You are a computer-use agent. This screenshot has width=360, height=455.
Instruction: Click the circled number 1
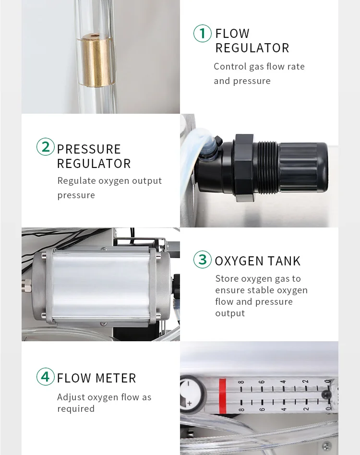click(x=203, y=34)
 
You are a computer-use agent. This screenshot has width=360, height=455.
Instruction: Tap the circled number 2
click(x=46, y=146)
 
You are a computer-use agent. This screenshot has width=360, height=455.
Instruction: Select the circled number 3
click(x=203, y=260)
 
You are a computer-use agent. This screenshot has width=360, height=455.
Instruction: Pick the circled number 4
click(x=46, y=376)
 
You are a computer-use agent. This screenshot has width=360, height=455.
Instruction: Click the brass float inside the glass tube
click(x=96, y=60)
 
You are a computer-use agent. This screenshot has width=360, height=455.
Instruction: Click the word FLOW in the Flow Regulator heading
click(x=232, y=34)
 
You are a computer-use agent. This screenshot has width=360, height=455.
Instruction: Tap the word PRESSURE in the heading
click(x=89, y=149)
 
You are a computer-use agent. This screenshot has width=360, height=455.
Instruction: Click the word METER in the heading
click(x=116, y=378)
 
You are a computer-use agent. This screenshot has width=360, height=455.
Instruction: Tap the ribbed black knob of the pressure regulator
click(x=303, y=168)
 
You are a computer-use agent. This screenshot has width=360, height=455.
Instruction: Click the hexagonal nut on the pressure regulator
click(x=244, y=168)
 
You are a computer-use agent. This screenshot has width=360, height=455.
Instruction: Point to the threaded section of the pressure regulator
click(x=266, y=168)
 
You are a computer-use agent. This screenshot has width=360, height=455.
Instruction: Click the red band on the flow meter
click(x=223, y=396)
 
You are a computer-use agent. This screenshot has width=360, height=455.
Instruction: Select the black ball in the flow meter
click(x=327, y=395)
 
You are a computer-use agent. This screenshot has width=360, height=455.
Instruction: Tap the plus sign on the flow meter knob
click(x=190, y=403)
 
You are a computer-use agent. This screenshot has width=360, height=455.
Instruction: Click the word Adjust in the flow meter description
click(x=71, y=397)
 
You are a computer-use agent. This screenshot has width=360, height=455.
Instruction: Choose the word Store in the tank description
click(x=227, y=278)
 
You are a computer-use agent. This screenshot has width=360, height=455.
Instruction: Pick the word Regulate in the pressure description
click(x=77, y=181)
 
